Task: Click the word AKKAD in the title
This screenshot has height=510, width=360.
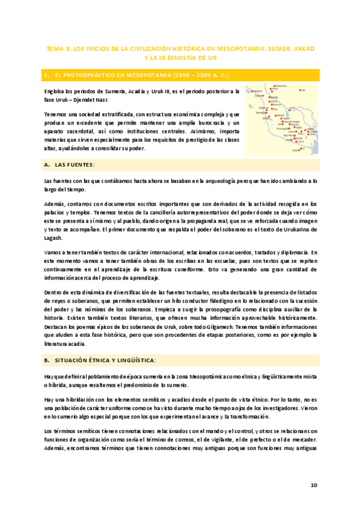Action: (301, 47)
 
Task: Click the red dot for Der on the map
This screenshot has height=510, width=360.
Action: (301, 90)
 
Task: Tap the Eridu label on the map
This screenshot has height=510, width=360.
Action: (295, 150)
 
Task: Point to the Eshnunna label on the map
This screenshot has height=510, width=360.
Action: (280, 85)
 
